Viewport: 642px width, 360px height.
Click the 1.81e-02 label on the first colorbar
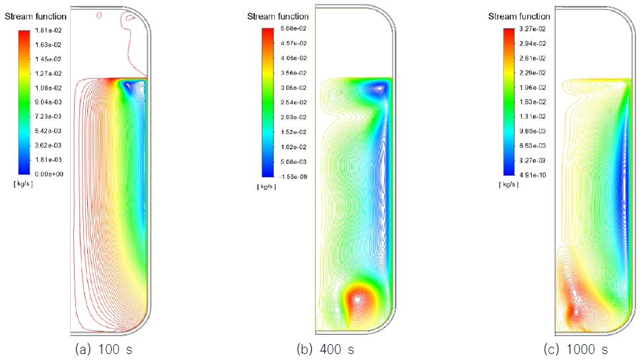click(48, 30)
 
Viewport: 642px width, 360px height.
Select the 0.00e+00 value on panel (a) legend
click(49, 174)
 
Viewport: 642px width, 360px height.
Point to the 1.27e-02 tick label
click(48, 74)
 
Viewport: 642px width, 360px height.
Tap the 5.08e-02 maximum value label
click(293, 28)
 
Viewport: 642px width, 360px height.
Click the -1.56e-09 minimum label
click(293, 176)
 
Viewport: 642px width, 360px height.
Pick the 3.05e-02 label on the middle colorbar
click(293, 88)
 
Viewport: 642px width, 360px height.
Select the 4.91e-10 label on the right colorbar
click(532, 175)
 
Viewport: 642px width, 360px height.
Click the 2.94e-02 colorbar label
click(532, 44)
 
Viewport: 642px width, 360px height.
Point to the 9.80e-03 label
click(532, 131)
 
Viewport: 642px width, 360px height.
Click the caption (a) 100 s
click(104, 349)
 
